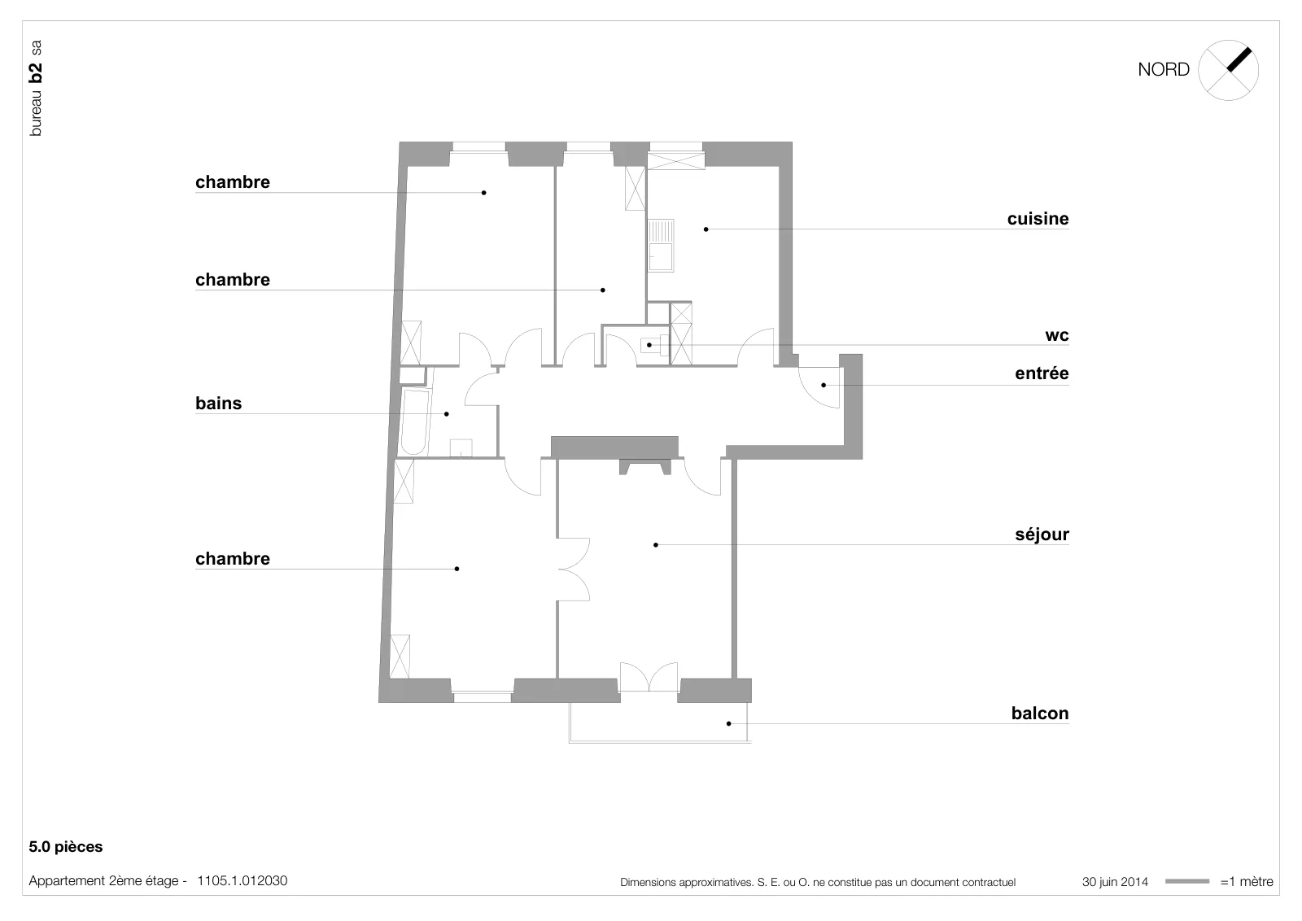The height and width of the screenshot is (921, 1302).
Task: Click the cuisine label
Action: [x=1038, y=219]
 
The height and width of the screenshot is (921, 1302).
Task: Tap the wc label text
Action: [x=1057, y=335]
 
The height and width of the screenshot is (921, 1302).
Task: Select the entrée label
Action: [x=1042, y=373]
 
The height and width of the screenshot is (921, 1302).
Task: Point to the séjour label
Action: [x=1042, y=535]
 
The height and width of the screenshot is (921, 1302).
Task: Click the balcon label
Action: [x=1040, y=713]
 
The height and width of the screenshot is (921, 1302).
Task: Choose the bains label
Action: [x=219, y=404]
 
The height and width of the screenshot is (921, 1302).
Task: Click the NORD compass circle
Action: [x=1228, y=41]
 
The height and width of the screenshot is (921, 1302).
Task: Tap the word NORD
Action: [x=1163, y=70]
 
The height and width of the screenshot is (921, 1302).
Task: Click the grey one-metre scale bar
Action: [x=1187, y=881]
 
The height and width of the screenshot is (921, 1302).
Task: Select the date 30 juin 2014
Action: [x=1115, y=882]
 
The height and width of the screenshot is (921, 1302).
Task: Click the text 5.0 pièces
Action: [x=66, y=847]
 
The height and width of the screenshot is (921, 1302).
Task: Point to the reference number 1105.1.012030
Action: [x=242, y=881]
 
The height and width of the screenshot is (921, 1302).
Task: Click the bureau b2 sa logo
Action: [x=36, y=89]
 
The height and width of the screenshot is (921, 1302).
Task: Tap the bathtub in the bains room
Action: [x=414, y=421]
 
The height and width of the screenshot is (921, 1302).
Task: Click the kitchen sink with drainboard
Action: [x=661, y=245]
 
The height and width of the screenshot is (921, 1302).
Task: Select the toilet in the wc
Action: [x=654, y=345]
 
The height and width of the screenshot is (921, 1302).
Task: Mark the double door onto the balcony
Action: [x=649, y=676]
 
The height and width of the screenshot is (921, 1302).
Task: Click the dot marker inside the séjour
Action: [x=656, y=545]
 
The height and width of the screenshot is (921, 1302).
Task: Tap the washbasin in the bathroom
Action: [x=461, y=448]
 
